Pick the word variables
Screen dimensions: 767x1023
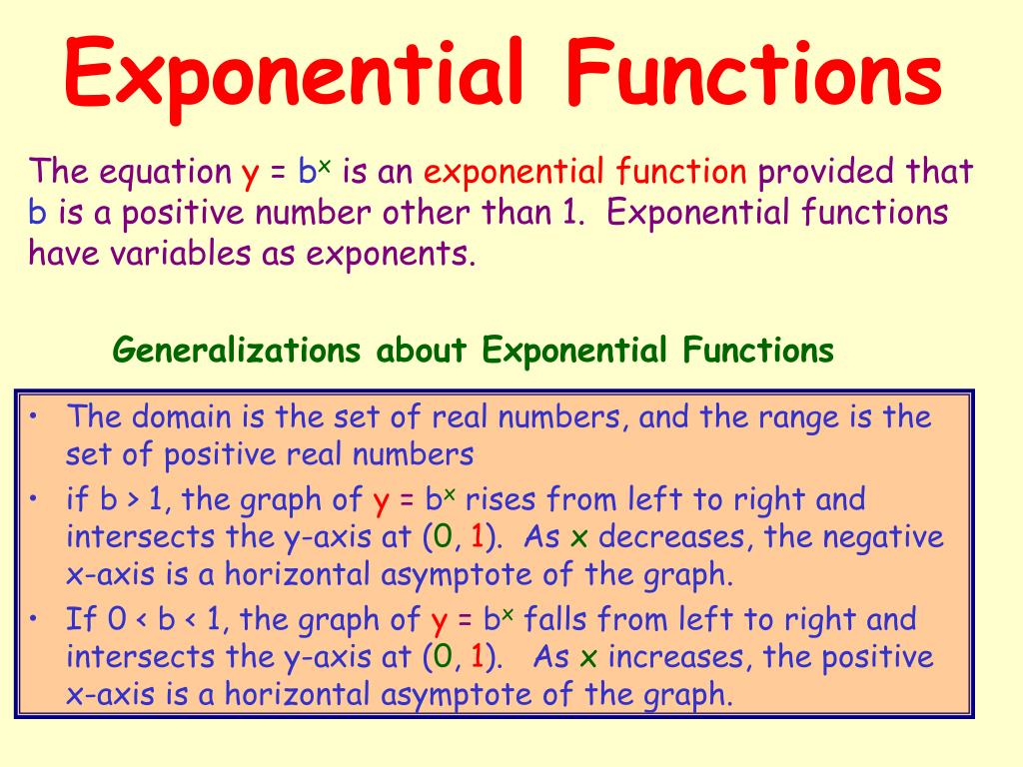click(x=177, y=254)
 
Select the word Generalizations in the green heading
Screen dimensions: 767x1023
click(x=236, y=351)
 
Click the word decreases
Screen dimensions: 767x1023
click(x=676, y=537)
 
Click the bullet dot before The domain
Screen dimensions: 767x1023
click(x=34, y=413)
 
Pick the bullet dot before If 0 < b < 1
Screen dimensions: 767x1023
click(x=34, y=617)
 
